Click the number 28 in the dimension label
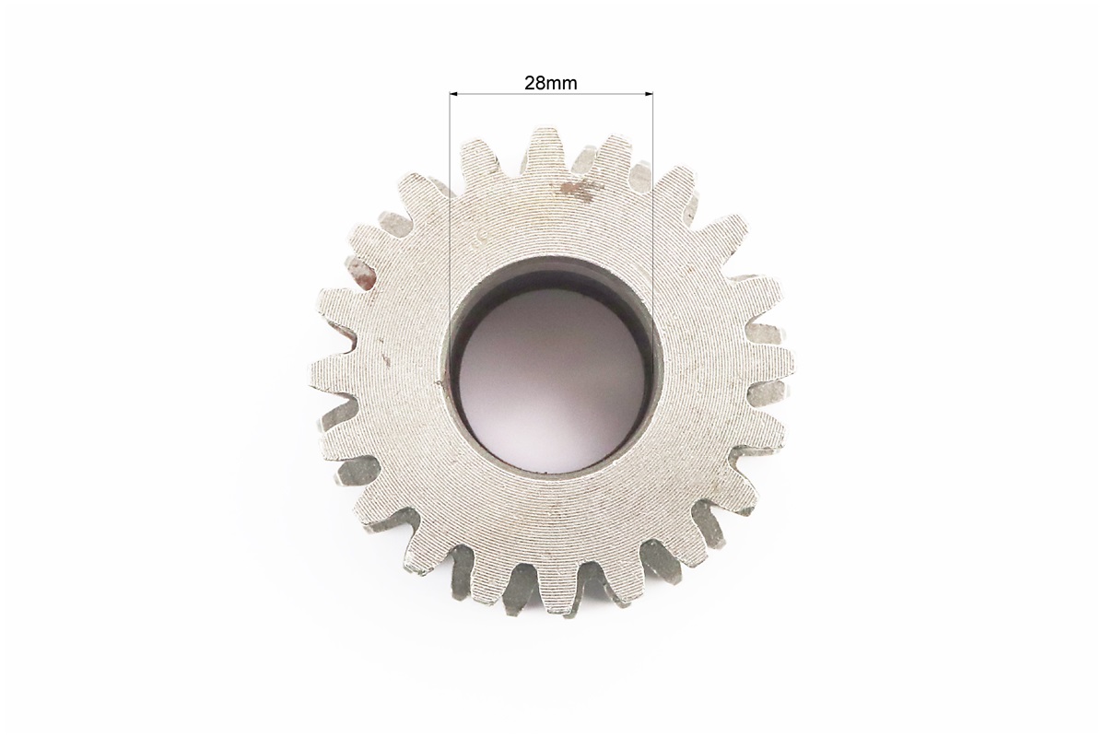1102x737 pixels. [x=534, y=83]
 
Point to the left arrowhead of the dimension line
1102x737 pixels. [x=453, y=93]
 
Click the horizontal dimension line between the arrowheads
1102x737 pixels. [x=551, y=93]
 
